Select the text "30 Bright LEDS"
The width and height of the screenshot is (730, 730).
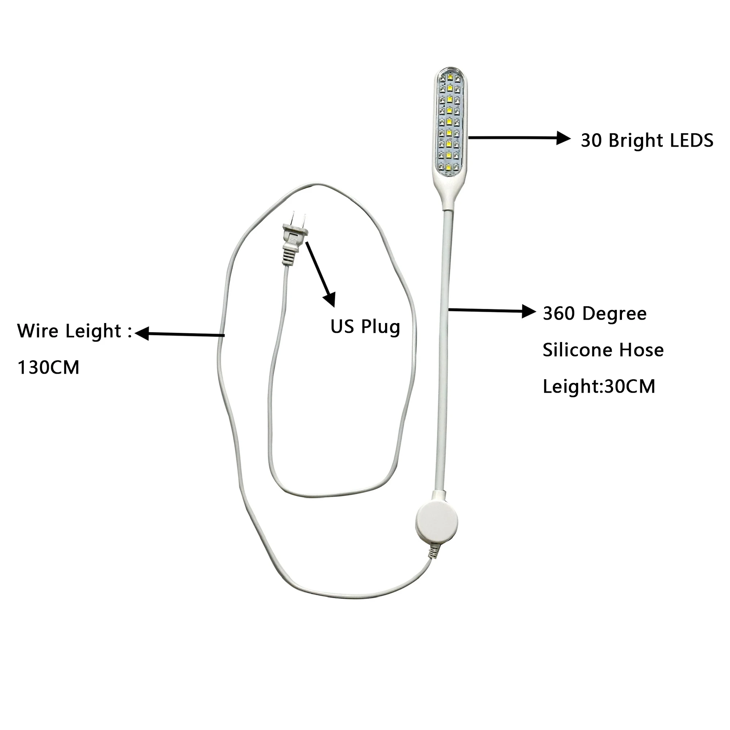pos(646,141)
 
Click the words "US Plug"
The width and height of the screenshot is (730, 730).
pos(365,326)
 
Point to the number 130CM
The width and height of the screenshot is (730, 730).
pos(49,367)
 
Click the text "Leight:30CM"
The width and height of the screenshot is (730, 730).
pos(599,386)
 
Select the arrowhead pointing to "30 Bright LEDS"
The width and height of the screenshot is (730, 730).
pos(564,138)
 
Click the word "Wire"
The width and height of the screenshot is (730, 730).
pos(38,331)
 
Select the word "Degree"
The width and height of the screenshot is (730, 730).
pos(614,314)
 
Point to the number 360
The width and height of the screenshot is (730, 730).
pos(558,314)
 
